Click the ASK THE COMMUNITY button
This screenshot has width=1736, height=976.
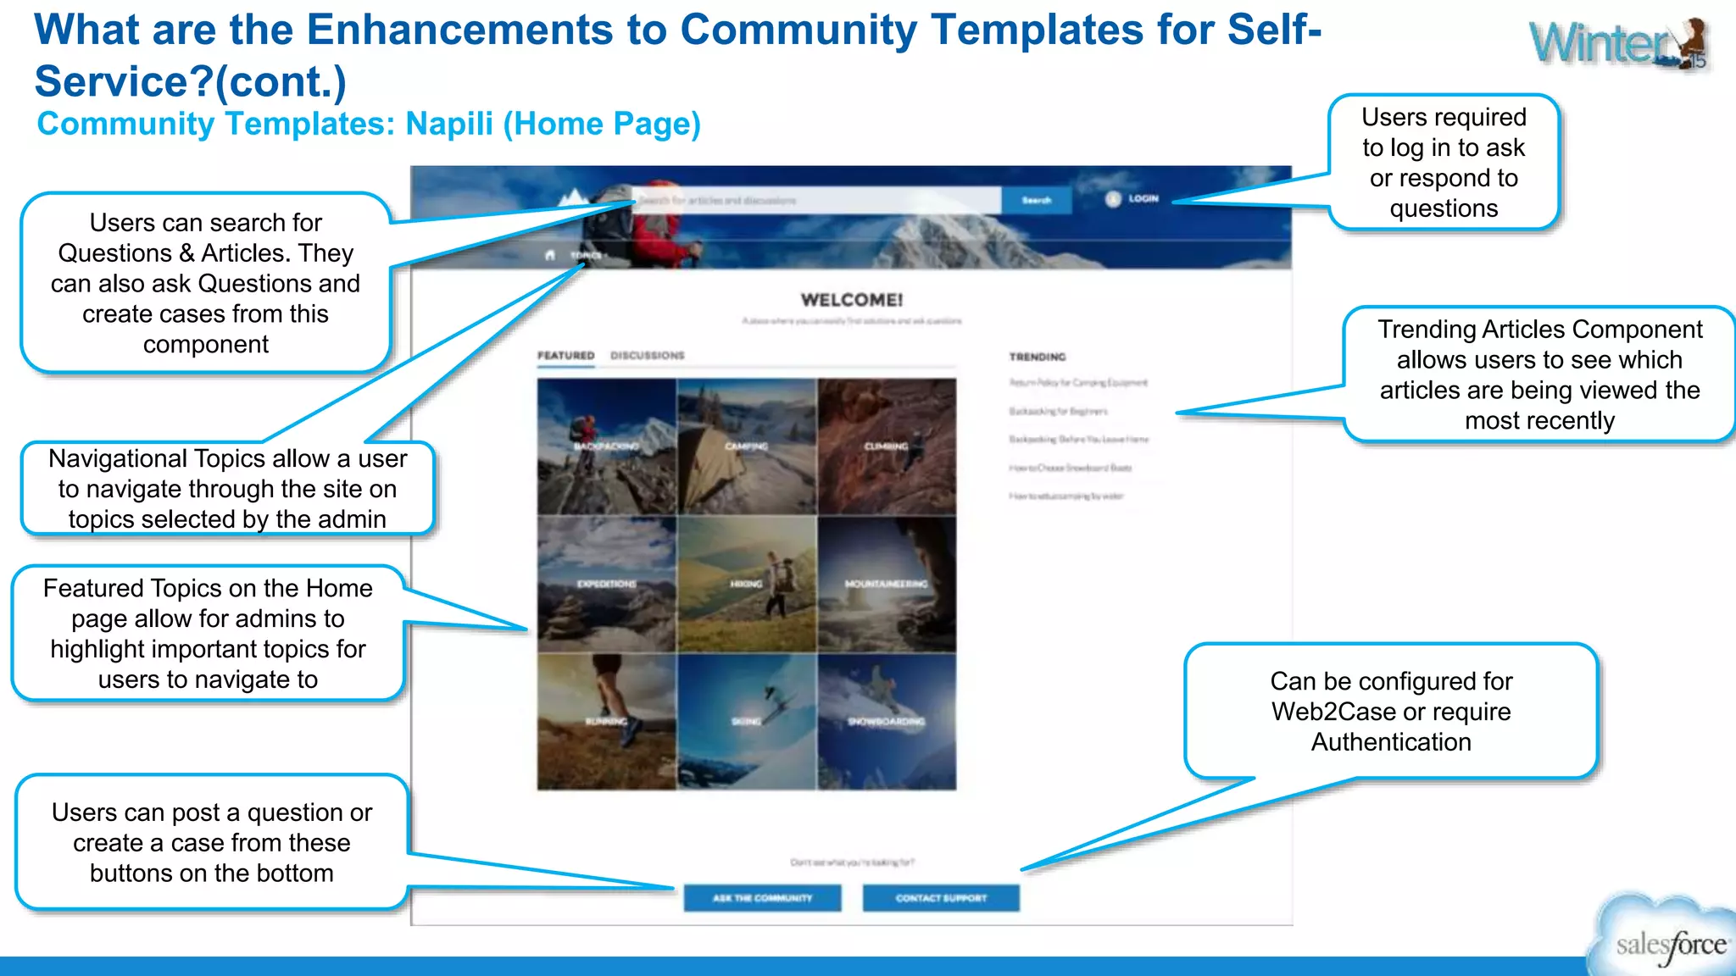click(762, 898)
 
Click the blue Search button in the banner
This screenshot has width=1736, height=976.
click(1036, 201)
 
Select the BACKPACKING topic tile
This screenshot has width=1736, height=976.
click(607, 446)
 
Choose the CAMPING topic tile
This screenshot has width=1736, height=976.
click(747, 446)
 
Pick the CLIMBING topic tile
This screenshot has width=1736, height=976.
click(887, 446)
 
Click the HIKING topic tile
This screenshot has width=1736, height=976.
click(747, 584)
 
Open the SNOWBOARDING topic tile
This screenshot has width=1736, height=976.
click(887, 722)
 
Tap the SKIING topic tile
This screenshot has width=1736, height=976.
click(747, 722)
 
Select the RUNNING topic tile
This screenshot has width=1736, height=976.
click(607, 722)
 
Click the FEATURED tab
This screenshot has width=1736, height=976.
click(565, 356)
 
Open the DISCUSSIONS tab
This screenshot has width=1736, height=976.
click(647, 356)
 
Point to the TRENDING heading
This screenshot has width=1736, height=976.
click(1038, 358)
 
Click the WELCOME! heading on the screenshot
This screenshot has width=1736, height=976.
click(852, 300)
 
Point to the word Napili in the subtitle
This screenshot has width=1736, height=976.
click(449, 125)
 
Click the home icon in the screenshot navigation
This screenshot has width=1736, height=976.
click(550, 255)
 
